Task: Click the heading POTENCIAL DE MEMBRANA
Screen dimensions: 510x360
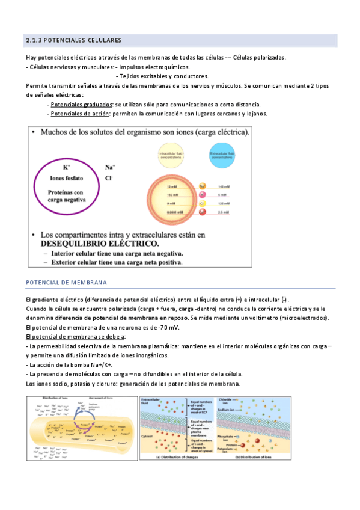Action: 67,282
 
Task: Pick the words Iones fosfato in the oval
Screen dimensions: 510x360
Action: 67,179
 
